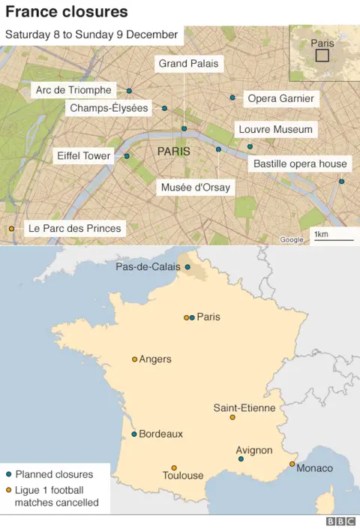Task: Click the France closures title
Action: pos(67,12)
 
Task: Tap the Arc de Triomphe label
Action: pos(73,90)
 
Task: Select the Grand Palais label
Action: pos(188,64)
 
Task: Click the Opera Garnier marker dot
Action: pos(232,98)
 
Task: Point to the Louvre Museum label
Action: pos(275,129)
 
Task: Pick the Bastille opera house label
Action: pos(300,164)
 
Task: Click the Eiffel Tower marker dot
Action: pos(127,156)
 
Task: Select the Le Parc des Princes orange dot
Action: pos(10,228)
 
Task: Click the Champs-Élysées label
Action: pos(108,108)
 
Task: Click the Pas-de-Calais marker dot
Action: pos(187,266)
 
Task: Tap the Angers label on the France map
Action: pos(155,359)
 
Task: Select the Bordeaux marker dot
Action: pos(134,434)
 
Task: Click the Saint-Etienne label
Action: pos(244,407)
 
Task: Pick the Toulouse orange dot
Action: pos(174,467)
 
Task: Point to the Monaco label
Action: pos(315,468)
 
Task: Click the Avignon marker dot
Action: pos(240,458)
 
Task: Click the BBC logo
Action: pos(340,521)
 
